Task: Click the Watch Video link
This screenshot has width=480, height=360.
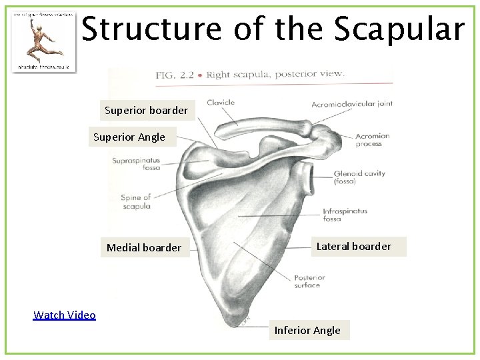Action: pos(65,315)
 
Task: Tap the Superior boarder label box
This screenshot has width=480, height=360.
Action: pos(147,110)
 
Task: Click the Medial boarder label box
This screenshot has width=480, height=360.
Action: pos(144,247)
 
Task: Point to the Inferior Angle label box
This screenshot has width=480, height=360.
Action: pos(307,330)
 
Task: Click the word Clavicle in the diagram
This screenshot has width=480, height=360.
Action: pos(221,103)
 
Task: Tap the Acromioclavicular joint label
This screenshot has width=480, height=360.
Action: pos(351,104)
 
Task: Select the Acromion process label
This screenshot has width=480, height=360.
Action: pos(372,139)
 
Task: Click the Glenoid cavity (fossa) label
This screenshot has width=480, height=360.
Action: pos(359,177)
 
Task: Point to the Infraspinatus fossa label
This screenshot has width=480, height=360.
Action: pos(345,215)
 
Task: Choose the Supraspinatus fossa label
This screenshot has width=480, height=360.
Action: pos(136,164)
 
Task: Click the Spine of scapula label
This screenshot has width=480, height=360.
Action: pos(136,201)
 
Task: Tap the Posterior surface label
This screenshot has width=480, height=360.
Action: pos(309,281)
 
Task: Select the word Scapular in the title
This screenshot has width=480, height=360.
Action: pos(399,29)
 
